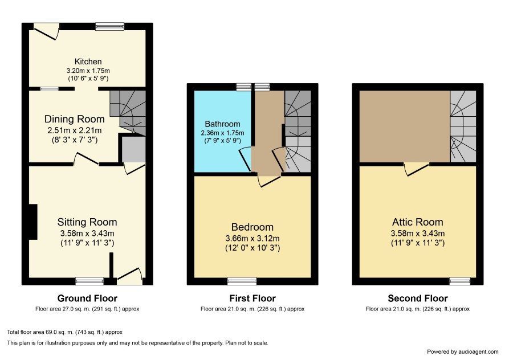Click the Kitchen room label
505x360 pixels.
pyautogui.click(x=88, y=62)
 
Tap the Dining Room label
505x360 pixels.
pyautogui.click(x=75, y=119)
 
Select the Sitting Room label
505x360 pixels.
pyautogui.click(x=87, y=222)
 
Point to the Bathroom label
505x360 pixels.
pyautogui.click(x=222, y=124)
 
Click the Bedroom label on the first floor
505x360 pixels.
pyautogui.click(x=252, y=227)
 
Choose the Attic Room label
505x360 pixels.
pyautogui.click(x=417, y=222)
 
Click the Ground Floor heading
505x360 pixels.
pyautogui.click(x=87, y=298)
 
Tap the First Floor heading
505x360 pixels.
pyautogui.click(x=252, y=298)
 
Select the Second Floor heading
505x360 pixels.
pyautogui.click(x=418, y=298)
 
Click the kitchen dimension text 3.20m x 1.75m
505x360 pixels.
pyautogui.click(x=88, y=71)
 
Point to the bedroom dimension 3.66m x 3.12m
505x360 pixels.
pyautogui.click(x=252, y=239)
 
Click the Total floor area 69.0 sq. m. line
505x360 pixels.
pyautogui.click(x=65, y=332)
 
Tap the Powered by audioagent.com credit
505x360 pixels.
pyautogui.click(x=462, y=352)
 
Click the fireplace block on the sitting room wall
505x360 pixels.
pyautogui.click(x=33, y=222)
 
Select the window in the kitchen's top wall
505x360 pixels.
pyautogui.click(x=109, y=26)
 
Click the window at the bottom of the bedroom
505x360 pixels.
pyautogui.click(x=242, y=281)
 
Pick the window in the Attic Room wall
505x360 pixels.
pyautogui.click(x=460, y=281)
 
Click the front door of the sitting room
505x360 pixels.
pyautogui.click(x=129, y=276)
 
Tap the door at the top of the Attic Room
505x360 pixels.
pyautogui.click(x=417, y=169)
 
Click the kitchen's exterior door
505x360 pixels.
pyautogui.click(x=46, y=31)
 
